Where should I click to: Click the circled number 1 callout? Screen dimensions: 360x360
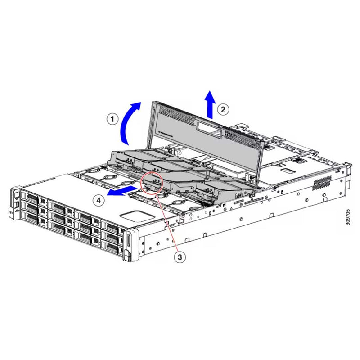pyautogui.click(x=112, y=119)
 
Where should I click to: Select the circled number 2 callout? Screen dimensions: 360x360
pyautogui.click(x=222, y=108)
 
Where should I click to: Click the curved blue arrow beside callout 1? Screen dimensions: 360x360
pyautogui.click(x=130, y=121)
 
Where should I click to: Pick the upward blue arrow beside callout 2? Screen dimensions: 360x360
pyautogui.click(x=210, y=103)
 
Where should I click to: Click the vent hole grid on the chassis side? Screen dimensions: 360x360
pyautogui.click(x=322, y=182)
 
